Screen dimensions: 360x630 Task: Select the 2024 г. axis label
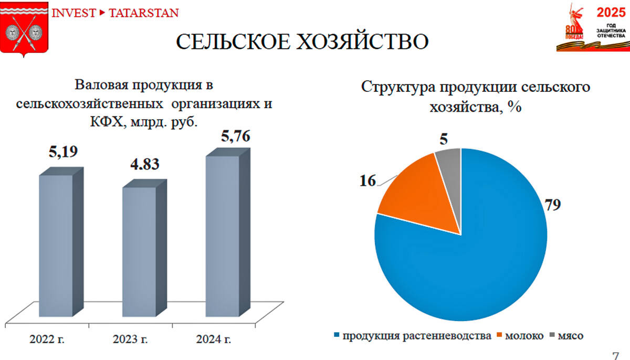(213, 340)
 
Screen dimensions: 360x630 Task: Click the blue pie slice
(472, 262)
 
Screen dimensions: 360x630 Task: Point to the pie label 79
(552, 205)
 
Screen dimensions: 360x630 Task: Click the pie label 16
(367, 181)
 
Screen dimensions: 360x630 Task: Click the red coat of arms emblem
(24, 30)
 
